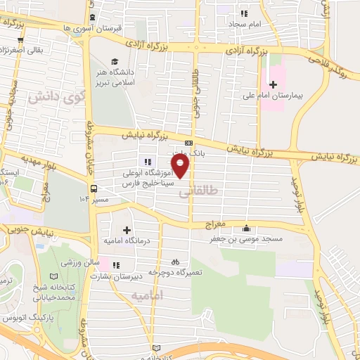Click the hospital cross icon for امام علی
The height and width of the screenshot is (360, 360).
(273, 84)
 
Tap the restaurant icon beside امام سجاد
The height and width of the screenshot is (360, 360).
(245, 13)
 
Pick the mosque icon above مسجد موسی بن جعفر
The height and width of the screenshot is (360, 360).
(246, 228)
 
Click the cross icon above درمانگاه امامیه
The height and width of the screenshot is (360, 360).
(127, 230)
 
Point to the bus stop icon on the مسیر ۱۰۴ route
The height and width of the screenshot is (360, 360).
(93, 188)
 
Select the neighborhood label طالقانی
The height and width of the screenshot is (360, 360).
(205, 191)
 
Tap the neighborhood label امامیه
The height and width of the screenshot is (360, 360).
(146, 295)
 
